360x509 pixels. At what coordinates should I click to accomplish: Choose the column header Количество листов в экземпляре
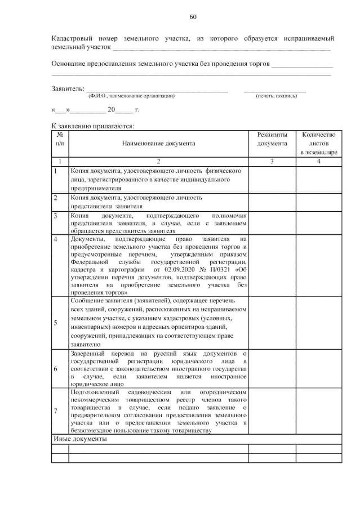pyautogui.click(x=318, y=144)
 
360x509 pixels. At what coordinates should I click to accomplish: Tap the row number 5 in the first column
pyautogui.click(x=55, y=323)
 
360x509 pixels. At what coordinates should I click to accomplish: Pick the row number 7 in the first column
pyautogui.click(x=55, y=410)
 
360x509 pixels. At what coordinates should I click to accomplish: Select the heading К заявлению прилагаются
pyautogui.click(x=93, y=126)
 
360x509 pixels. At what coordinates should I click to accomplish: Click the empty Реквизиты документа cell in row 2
pyautogui.click(x=272, y=202)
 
